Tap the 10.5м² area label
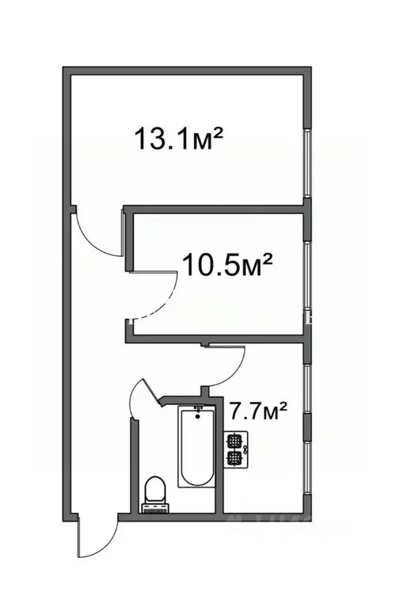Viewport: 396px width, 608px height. (x=228, y=262)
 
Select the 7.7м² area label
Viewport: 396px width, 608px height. (x=257, y=412)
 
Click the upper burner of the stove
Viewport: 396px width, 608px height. (x=234, y=441)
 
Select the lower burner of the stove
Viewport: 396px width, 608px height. (x=234, y=457)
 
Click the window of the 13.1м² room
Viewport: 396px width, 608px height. (x=307, y=159)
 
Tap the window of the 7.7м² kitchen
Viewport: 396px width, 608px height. (x=307, y=432)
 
